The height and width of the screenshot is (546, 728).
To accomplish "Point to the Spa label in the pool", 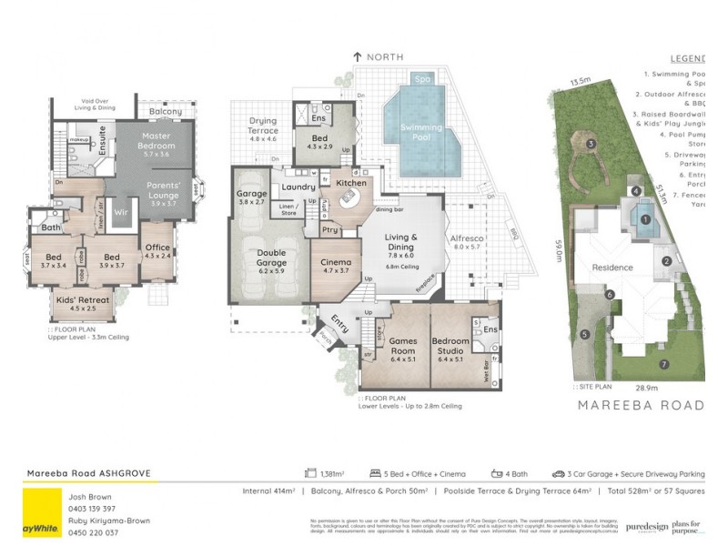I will pos(421,79).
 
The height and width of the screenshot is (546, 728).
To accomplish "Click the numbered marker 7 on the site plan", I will pos(663,364).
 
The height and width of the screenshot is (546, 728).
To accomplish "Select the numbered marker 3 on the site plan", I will pos(591,144).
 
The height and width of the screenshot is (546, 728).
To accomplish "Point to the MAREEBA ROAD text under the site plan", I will pos(641,404).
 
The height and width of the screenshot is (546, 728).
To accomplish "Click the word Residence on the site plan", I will pos(612,268).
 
